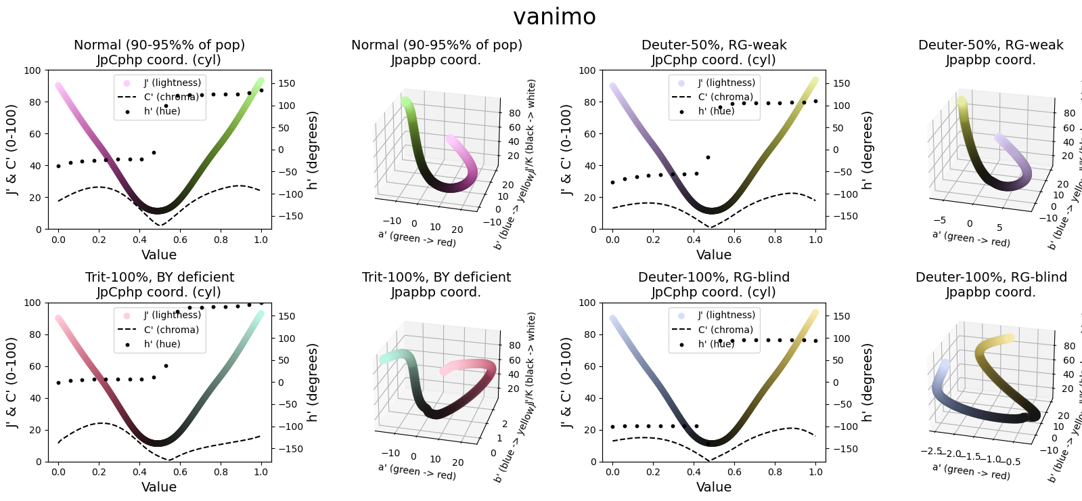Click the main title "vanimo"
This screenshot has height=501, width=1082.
tap(554, 17)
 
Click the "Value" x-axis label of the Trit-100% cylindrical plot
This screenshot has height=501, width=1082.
tap(159, 487)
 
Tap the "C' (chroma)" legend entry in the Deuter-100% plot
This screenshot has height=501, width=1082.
tap(725, 330)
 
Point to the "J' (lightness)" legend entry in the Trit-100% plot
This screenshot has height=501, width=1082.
tap(172, 315)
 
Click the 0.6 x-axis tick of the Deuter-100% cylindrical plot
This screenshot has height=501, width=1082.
tap(734, 472)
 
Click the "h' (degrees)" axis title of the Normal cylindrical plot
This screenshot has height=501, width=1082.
tap(312, 150)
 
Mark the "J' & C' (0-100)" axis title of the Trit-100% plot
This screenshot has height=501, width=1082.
tap(12, 383)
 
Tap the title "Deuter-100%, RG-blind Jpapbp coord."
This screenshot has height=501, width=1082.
tap(991, 284)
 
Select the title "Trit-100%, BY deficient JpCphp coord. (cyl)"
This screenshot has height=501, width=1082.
tap(159, 284)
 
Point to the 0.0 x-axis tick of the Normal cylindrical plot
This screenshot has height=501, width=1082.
tap(58, 240)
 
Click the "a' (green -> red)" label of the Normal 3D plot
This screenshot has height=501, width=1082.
tap(417, 239)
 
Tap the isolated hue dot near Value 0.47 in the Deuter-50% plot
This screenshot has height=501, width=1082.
tap(708, 157)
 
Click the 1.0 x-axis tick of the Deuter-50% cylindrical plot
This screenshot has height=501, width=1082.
tap(815, 240)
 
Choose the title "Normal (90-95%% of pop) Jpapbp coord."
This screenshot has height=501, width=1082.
tap(436, 52)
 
